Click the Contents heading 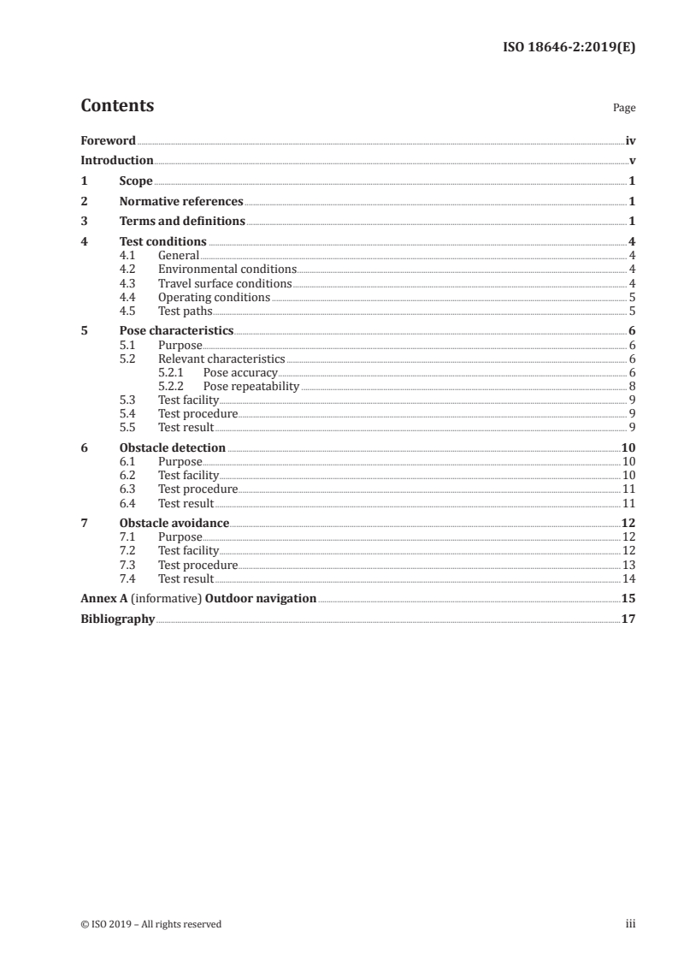117,106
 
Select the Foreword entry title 108,140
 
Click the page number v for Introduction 631,161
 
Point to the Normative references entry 181,202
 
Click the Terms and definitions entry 182,222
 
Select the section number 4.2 127,269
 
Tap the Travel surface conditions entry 225,283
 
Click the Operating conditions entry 214,297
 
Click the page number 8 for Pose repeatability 631,386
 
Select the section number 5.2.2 172,386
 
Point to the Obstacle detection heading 173,447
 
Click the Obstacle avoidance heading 174,523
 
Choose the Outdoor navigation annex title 261,598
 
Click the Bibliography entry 117,619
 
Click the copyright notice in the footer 150,924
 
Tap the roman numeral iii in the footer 630,924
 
